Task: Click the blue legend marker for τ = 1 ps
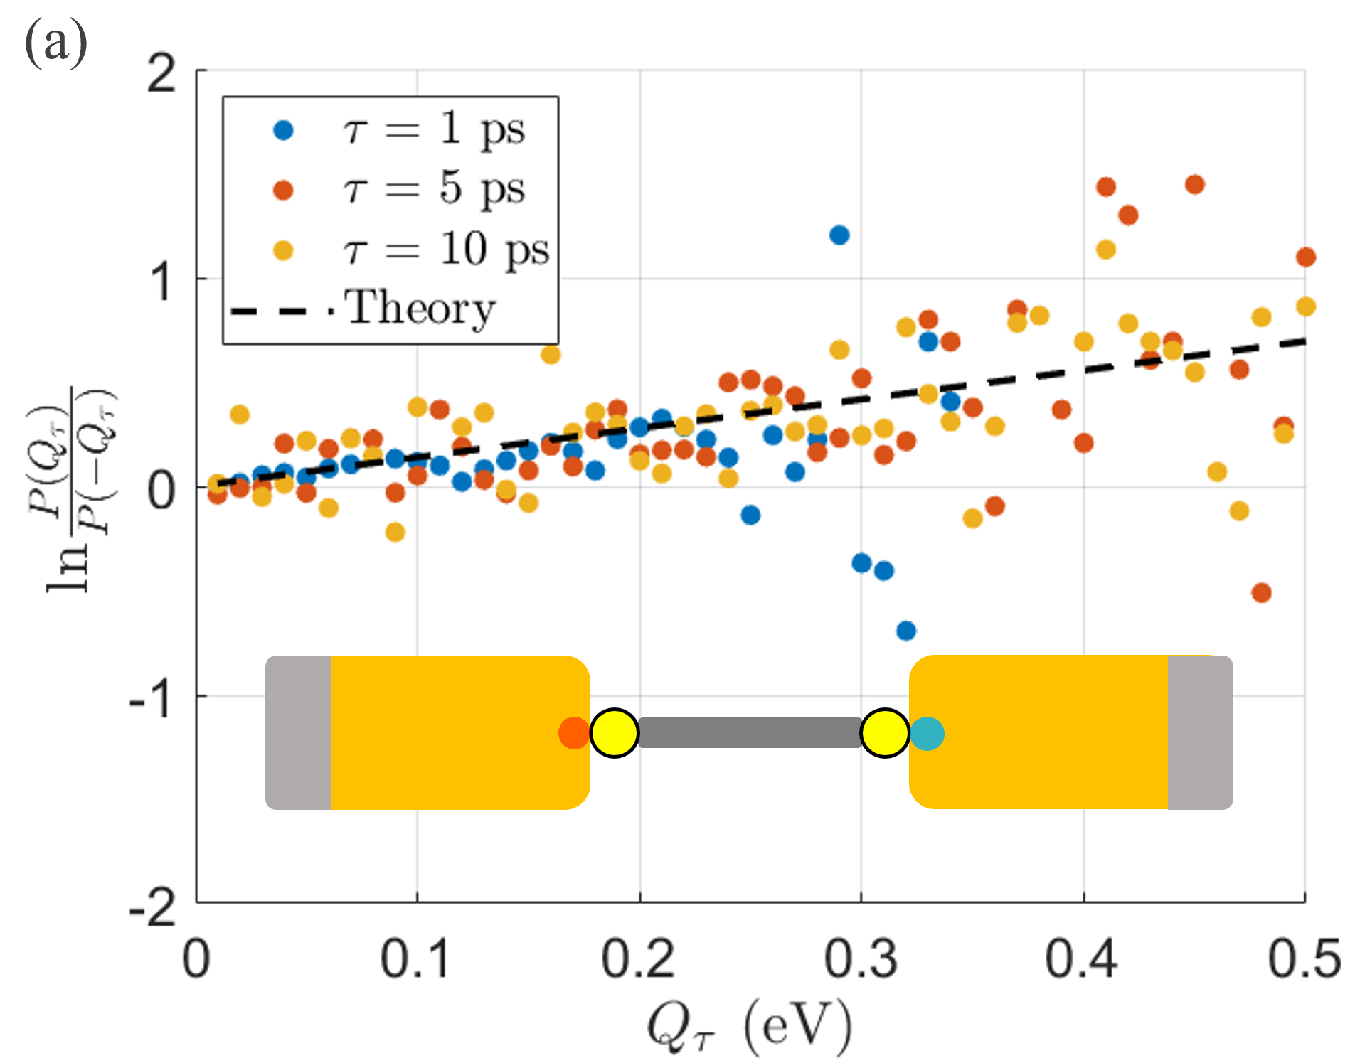click(x=283, y=130)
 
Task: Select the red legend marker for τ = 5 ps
click(x=283, y=190)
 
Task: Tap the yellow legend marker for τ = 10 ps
click(x=283, y=250)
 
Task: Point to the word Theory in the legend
click(x=420, y=309)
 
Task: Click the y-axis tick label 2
click(x=161, y=73)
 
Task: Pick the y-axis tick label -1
click(x=152, y=697)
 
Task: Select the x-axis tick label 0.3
click(x=861, y=958)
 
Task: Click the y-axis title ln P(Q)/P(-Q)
click(x=71, y=491)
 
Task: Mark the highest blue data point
click(x=839, y=235)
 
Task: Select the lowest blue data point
click(x=905, y=630)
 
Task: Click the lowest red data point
click(x=1261, y=592)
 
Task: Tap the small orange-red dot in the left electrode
click(x=573, y=733)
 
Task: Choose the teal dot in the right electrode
click(x=928, y=733)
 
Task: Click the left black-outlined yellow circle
click(x=614, y=733)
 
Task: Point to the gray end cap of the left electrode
click(x=298, y=732)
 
